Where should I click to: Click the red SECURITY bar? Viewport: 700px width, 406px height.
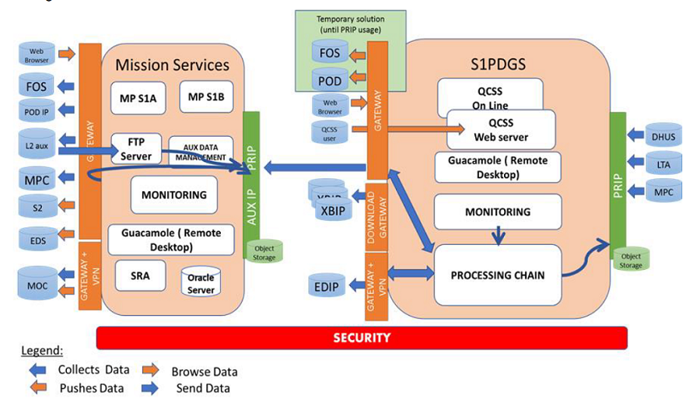pyautogui.click(x=362, y=338)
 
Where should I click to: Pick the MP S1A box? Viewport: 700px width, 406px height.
pyautogui.click(x=138, y=96)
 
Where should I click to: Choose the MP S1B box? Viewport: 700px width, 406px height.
pyautogui.click(x=206, y=96)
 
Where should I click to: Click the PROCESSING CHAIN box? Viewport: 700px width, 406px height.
pyautogui.click(x=497, y=275)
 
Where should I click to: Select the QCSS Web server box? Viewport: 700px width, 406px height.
pyautogui.click(x=500, y=130)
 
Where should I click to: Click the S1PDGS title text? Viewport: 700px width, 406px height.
pyautogui.click(x=499, y=63)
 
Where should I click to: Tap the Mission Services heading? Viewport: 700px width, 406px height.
pyautogui.click(x=172, y=65)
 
